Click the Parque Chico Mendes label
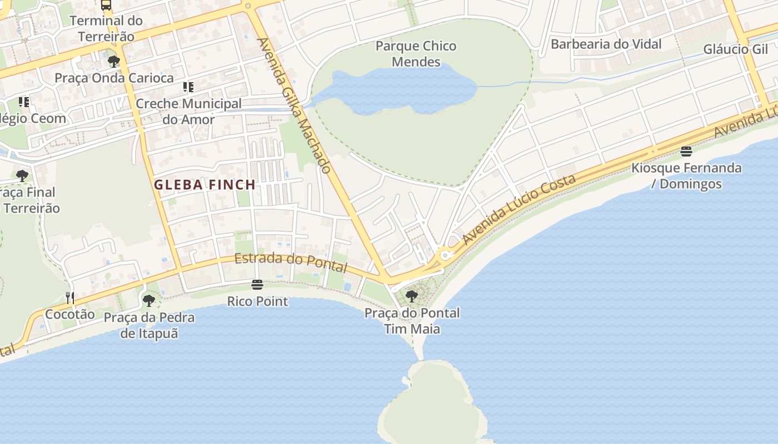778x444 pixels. (x=416, y=54)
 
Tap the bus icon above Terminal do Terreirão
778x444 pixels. (x=106, y=5)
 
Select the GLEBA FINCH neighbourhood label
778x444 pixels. (x=205, y=185)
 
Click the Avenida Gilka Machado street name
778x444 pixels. (x=295, y=105)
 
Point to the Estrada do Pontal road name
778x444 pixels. (x=290, y=262)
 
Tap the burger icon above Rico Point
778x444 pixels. (x=257, y=285)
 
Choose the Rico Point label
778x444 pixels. (x=258, y=301)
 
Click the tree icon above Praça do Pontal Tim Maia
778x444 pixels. (x=412, y=296)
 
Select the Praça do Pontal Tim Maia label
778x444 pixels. (x=412, y=321)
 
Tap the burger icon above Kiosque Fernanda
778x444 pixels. (x=686, y=151)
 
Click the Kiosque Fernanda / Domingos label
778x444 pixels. (x=686, y=175)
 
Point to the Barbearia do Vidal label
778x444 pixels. (x=606, y=44)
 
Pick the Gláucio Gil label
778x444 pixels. (x=735, y=49)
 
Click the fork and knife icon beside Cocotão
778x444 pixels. (x=70, y=298)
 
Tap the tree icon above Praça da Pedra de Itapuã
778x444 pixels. (x=148, y=301)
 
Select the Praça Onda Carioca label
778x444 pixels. (x=114, y=78)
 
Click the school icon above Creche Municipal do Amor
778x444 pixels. (x=188, y=87)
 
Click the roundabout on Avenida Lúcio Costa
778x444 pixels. (x=445, y=256)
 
